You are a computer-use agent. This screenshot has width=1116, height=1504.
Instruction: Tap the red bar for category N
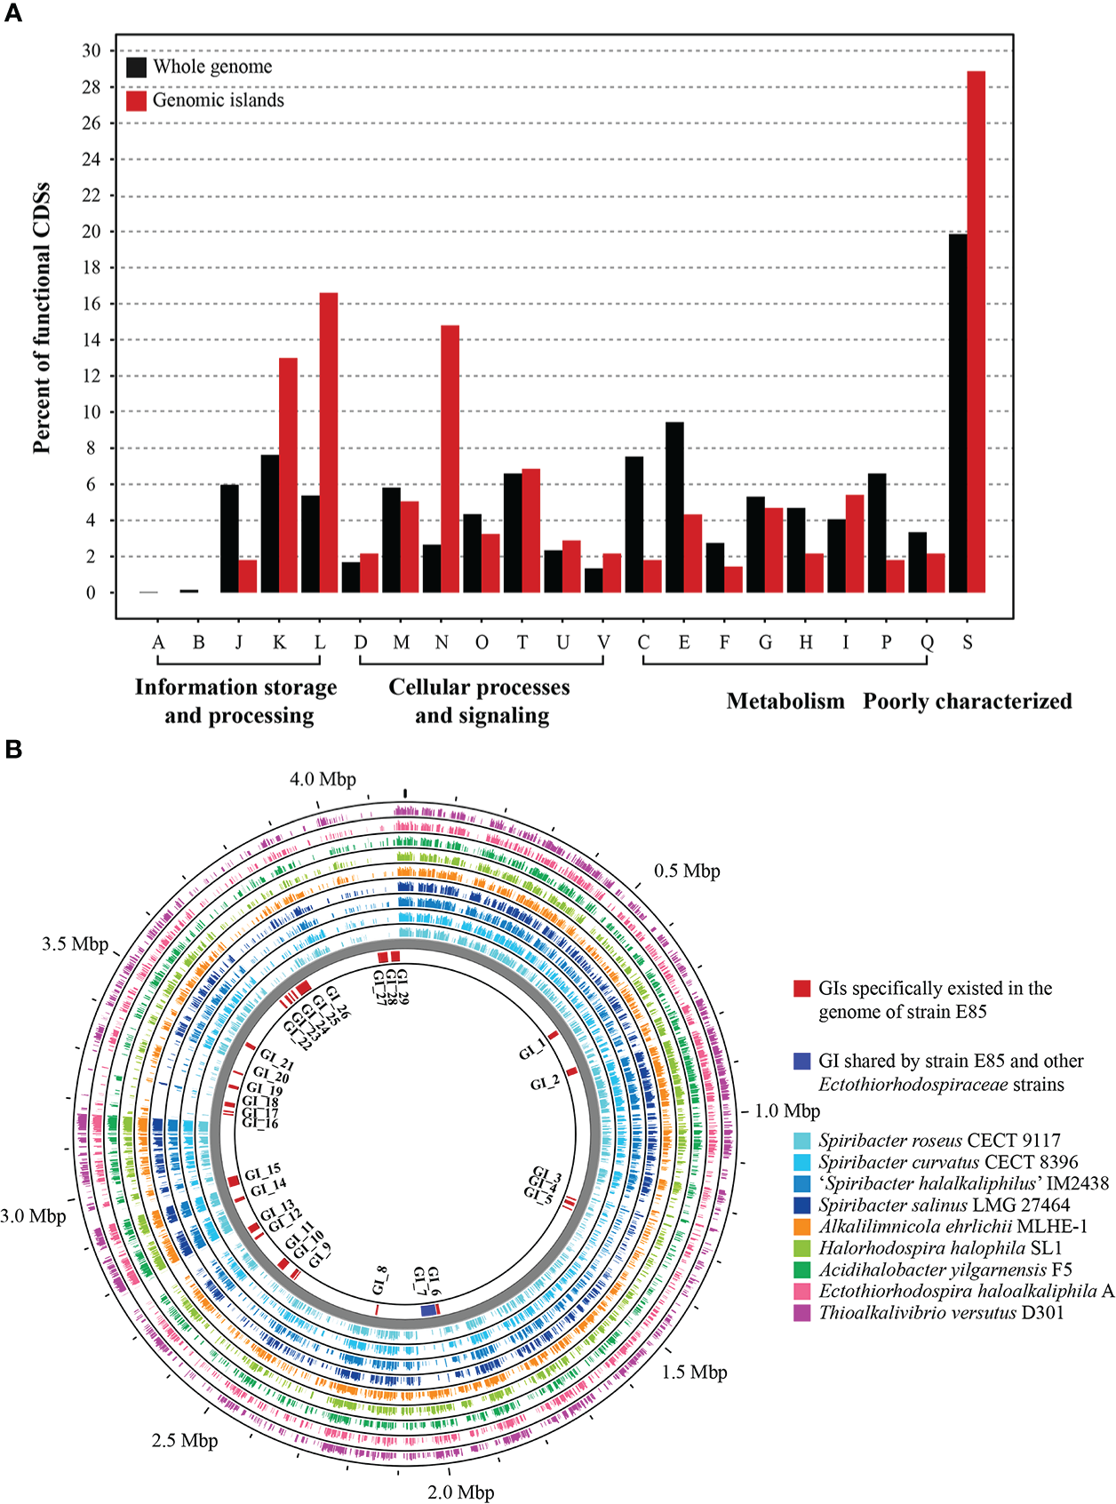point(450,458)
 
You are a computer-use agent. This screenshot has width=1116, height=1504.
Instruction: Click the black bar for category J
point(229,538)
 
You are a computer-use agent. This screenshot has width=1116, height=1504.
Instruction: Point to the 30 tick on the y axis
point(92,51)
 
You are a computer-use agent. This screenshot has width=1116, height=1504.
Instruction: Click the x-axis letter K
point(279,642)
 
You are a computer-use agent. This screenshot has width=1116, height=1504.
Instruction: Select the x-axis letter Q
point(927,642)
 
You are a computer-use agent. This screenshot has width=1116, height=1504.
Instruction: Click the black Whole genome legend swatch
point(136,68)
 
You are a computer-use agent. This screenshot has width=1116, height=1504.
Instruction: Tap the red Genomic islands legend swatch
point(136,100)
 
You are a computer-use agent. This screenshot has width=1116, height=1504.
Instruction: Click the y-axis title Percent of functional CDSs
point(42,319)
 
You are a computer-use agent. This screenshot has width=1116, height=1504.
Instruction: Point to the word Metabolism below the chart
point(785,702)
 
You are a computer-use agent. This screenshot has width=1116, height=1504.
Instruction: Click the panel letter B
point(13,750)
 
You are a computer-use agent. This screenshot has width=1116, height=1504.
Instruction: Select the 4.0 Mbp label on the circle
point(323,779)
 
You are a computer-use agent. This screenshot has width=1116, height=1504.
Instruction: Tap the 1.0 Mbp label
point(787,1111)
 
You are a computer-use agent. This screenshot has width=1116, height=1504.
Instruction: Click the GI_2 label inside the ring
point(545,1083)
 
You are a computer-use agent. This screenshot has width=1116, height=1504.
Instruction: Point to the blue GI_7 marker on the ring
point(428,1310)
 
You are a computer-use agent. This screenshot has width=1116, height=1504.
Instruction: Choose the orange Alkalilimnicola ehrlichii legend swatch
point(802,1227)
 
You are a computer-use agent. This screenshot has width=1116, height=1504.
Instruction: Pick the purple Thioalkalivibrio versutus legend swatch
point(802,1313)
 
